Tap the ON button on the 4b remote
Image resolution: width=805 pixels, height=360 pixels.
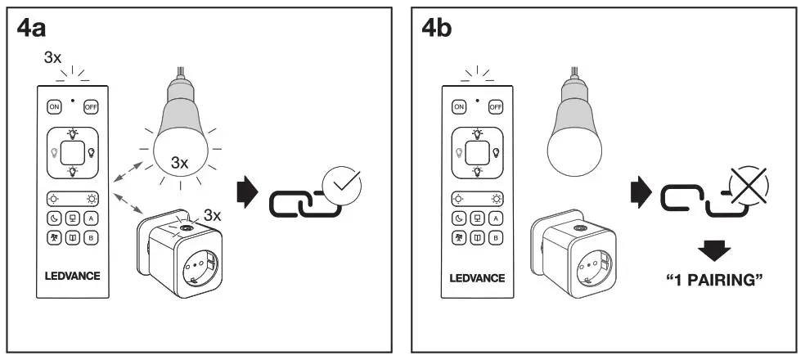coord(459,106)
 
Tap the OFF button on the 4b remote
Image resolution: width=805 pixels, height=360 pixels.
coord(495,106)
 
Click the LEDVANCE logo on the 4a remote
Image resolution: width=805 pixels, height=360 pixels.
coord(72,276)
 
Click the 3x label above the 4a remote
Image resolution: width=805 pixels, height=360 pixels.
coord(53,59)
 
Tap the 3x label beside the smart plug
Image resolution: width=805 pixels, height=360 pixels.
coord(212,216)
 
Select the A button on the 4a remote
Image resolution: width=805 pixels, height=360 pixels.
coord(90,218)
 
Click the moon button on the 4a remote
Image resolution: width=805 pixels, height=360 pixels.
coord(53,218)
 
